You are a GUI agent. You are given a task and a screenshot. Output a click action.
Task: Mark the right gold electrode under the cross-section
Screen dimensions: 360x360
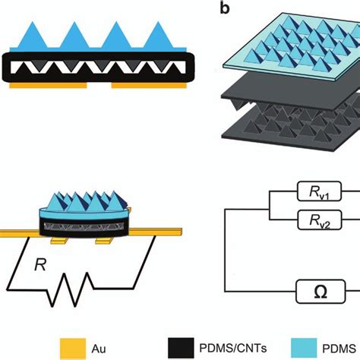pos(147,86)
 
